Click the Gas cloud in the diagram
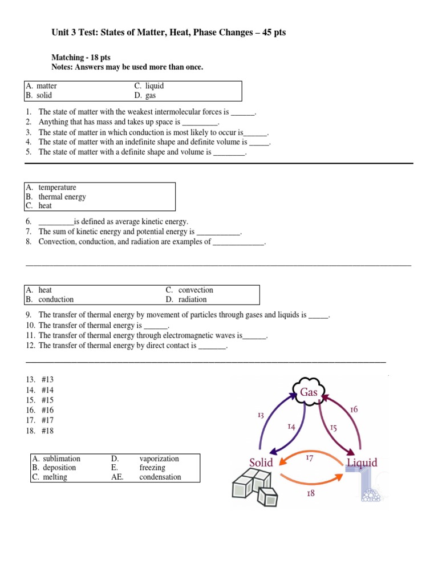tap(309, 392)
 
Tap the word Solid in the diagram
tap(261, 462)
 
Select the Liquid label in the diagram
tap(362, 463)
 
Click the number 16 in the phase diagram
tap(354, 409)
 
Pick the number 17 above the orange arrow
tap(310, 457)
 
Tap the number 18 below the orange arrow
tap(310, 493)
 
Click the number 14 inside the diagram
tap(291, 426)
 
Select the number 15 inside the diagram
tap(333, 427)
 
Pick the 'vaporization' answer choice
tap(159, 459)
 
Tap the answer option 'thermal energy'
tap(62, 197)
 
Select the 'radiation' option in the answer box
tap(192, 299)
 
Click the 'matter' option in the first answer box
tap(46, 86)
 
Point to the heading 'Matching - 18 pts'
tap(83, 58)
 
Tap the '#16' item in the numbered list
tap(47, 410)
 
